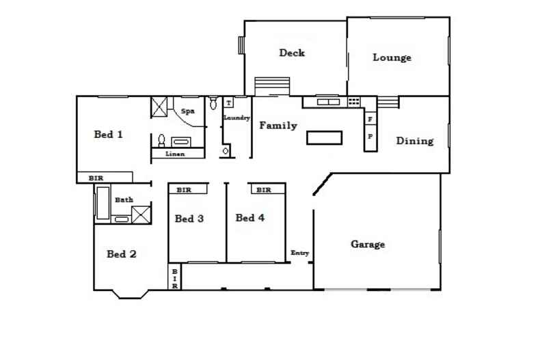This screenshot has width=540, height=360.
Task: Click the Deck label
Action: point(291,53)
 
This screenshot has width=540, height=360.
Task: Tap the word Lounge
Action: point(392,58)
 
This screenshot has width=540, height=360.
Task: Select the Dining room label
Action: point(415,141)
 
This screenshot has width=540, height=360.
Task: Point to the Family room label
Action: point(278,126)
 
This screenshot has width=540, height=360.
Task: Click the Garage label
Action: point(368,245)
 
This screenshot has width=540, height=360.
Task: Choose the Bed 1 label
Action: point(108,135)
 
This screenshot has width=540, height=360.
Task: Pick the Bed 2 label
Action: point(122,254)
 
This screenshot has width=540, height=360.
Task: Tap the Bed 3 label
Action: point(189,219)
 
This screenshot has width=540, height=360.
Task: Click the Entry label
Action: point(300,253)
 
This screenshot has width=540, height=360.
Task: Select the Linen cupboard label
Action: point(176,154)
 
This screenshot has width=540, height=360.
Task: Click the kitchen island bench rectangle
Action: point(324,138)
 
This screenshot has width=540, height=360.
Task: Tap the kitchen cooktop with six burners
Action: point(354,102)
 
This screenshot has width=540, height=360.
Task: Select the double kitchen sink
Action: point(328,102)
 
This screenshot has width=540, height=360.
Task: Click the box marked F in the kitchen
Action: point(370,120)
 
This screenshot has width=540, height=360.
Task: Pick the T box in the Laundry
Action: point(228,103)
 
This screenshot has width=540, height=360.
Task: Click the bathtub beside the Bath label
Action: point(103,203)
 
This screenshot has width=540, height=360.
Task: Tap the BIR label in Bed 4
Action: point(264,190)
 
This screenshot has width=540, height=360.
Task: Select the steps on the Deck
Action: point(273,87)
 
